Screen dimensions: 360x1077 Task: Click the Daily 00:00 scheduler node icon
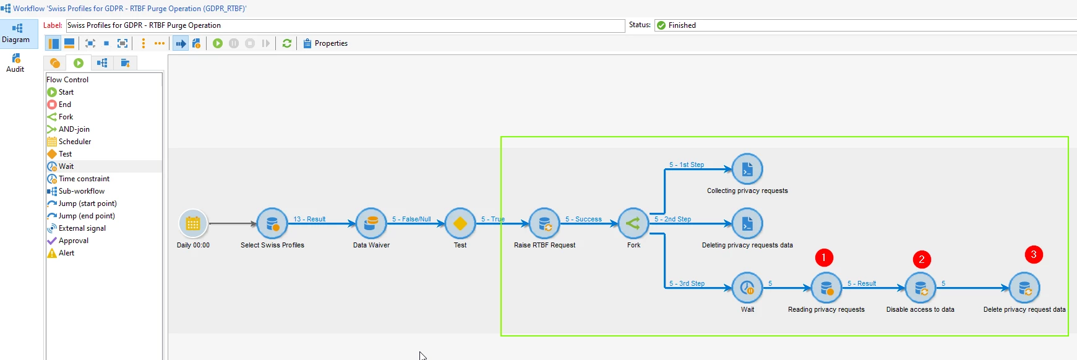[193, 223]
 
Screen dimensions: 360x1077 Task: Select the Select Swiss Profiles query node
[272, 223]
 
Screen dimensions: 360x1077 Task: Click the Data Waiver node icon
[371, 223]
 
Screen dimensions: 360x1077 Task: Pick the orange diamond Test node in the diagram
[460, 223]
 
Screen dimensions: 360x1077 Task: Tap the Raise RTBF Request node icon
[544, 223]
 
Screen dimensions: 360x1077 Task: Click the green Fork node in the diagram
[633, 223]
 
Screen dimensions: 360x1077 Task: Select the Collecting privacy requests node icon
[747, 169]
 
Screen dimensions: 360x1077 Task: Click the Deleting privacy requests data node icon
[747, 223]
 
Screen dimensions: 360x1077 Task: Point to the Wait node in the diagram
[747, 288]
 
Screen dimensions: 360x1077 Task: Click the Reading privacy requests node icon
[826, 288]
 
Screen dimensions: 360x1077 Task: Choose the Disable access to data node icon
[920, 288]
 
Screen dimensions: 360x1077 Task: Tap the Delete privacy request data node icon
[1024, 288]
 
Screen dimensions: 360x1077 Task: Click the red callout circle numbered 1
[824, 257]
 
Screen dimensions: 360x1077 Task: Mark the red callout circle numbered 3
[1034, 254]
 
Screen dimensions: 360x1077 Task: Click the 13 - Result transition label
[309, 219]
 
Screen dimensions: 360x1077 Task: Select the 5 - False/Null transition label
[411, 219]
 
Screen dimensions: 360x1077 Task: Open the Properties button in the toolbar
[325, 43]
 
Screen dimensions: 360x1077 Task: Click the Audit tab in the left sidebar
[15, 62]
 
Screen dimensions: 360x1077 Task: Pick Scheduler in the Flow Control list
[74, 142]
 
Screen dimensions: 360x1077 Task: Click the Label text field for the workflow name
[345, 25]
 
